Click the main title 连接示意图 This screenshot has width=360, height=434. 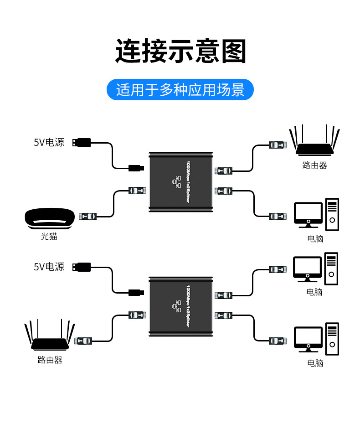[x=180, y=51]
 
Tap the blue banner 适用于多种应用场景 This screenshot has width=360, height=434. [x=180, y=90]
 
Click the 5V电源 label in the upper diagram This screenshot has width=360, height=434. [x=49, y=142]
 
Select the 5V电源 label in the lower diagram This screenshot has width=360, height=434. [x=49, y=267]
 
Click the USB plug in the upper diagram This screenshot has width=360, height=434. [x=82, y=143]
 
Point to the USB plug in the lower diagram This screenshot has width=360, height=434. [x=82, y=267]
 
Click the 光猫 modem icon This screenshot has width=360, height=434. [x=50, y=218]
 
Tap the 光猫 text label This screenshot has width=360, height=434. [x=49, y=237]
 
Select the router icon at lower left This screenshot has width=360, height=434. [x=50, y=336]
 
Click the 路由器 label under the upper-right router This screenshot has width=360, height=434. [x=314, y=165]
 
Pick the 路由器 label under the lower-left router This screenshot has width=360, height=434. [x=50, y=360]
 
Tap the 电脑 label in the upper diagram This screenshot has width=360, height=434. [x=315, y=238]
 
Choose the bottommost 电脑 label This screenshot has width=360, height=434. [x=315, y=363]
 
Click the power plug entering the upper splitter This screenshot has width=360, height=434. [x=137, y=168]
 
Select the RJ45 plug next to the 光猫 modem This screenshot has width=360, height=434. [x=88, y=216]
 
